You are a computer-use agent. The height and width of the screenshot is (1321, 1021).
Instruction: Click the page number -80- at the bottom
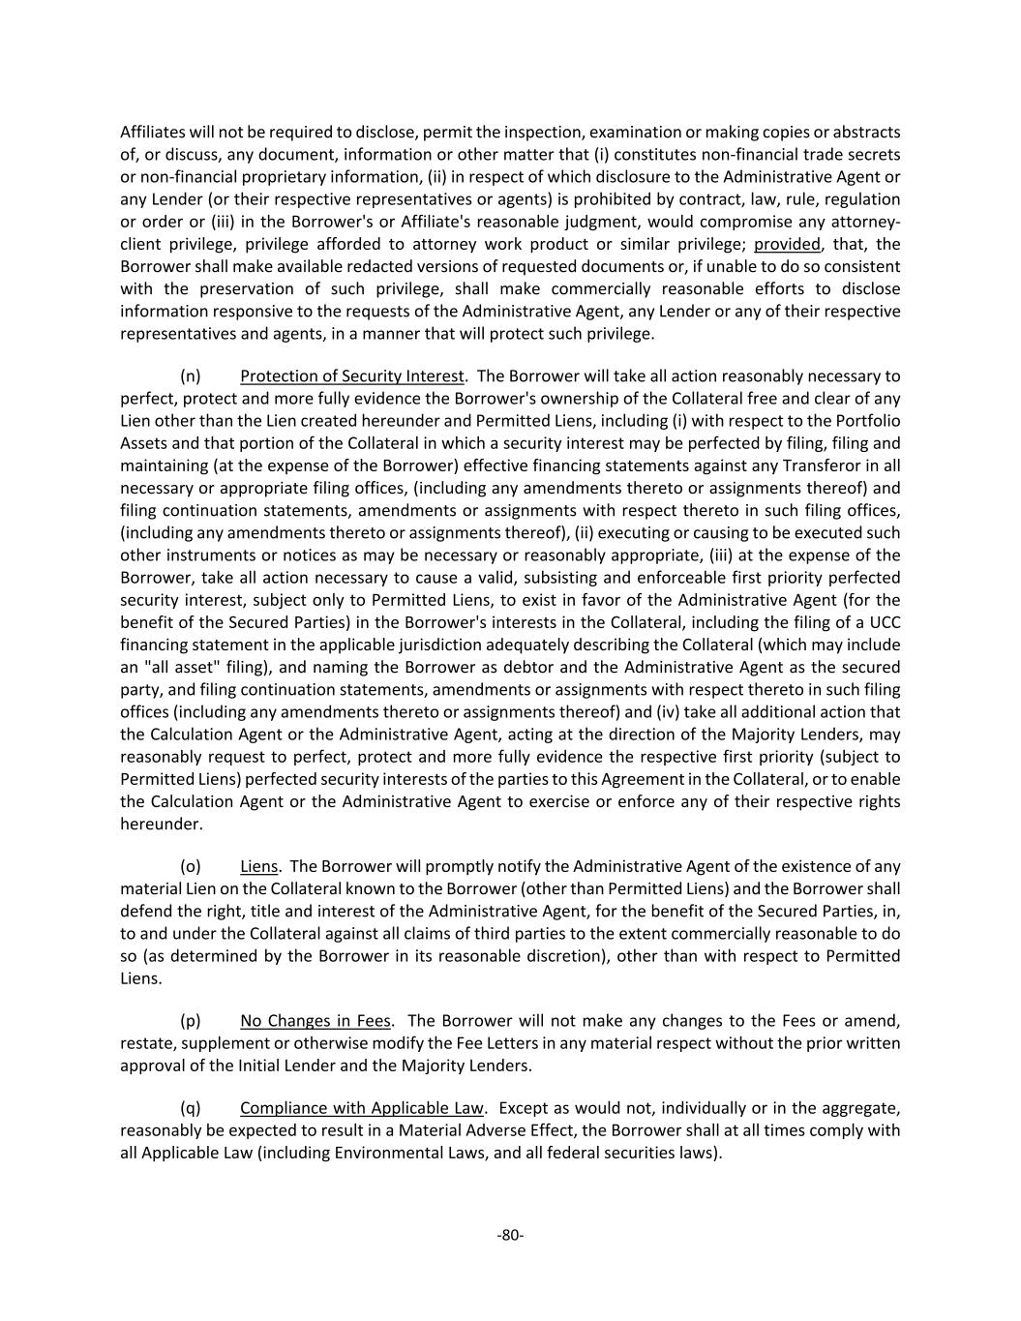[510, 1235]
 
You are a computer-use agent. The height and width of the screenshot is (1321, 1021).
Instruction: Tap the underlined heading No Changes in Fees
[315, 1021]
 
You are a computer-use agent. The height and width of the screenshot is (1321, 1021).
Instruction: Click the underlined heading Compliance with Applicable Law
[362, 1108]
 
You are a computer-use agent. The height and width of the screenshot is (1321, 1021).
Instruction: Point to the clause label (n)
[191, 376]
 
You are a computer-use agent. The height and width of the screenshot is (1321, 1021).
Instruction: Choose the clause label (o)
[191, 867]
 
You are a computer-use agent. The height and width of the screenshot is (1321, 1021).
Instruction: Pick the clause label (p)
[191, 1021]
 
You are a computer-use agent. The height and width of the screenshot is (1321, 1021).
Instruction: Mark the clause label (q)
[191, 1108]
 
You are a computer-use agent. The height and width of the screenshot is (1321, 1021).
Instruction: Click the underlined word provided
[787, 244]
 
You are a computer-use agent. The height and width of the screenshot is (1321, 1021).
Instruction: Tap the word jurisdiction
[406, 645]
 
